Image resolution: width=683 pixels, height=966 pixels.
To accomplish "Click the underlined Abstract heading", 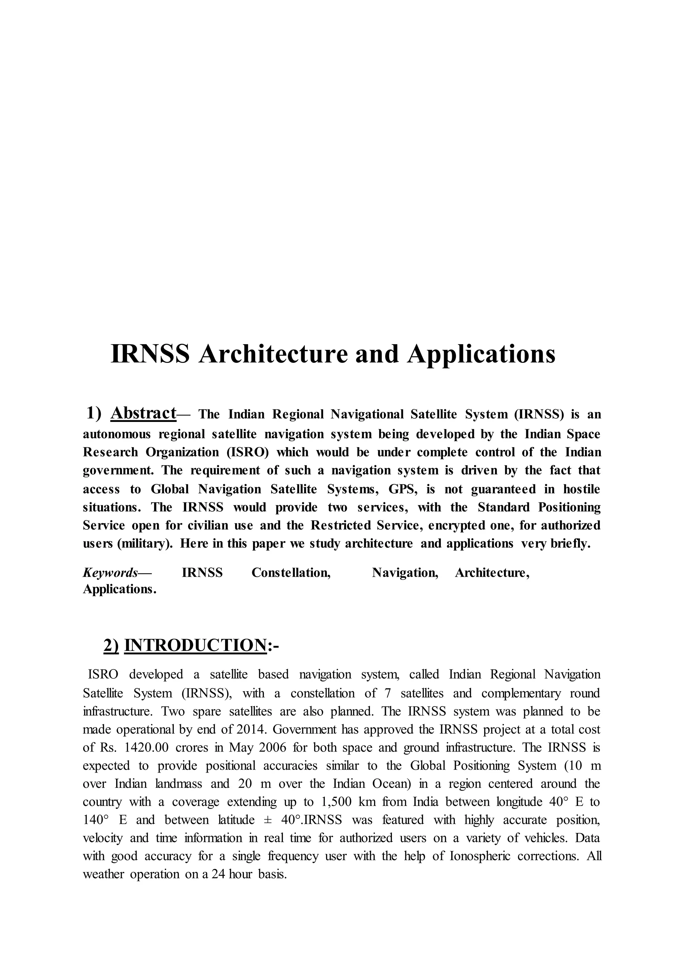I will [143, 413].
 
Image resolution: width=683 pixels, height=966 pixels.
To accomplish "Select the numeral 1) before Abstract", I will [94, 413].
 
